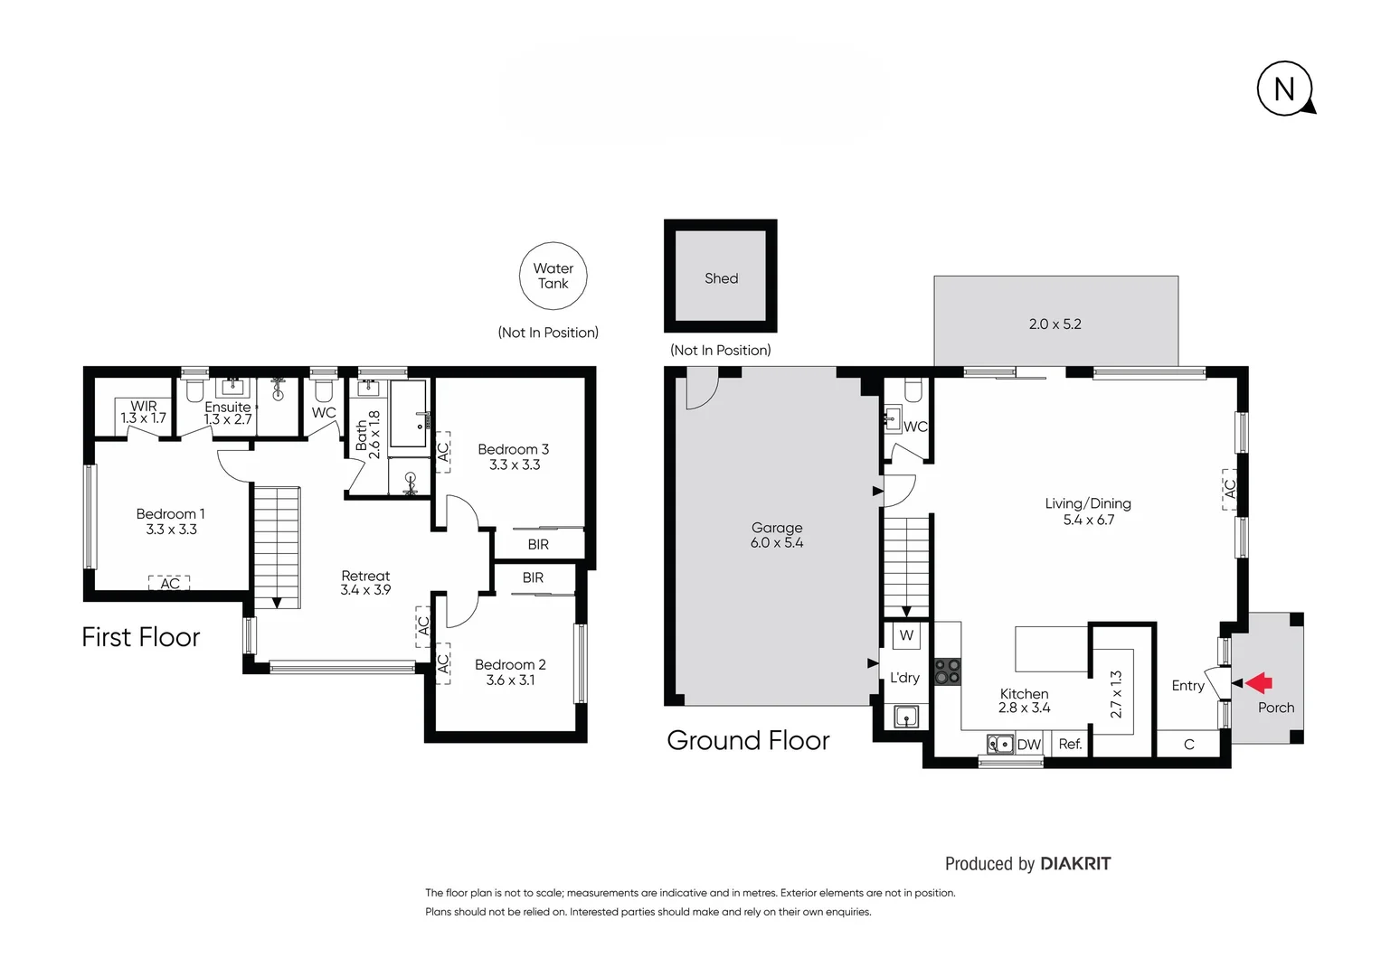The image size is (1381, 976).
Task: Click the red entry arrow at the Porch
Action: [x=1259, y=683]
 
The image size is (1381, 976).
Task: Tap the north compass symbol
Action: [x=1284, y=89]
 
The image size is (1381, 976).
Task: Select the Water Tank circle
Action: [x=553, y=276]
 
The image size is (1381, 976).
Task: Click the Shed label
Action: [x=721, y=278]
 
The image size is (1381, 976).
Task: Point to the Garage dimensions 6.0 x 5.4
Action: [x=776, y=543]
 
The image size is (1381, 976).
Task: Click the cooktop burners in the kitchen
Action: [x=948, y=671]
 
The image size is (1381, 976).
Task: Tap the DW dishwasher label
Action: [x=1028, y=745]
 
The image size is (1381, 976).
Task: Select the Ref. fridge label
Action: [x=1070, y=744]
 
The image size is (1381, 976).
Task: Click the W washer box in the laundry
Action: [x=906, y=635]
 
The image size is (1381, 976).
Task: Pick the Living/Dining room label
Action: [x=1088, y=503]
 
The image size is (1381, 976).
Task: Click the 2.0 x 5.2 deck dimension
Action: [x=1055, y=324]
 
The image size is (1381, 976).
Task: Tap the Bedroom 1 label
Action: [x=170, y=513]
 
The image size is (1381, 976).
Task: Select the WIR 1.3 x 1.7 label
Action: [x=144, y=413]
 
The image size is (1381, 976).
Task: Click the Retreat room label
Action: [x=365, y=576]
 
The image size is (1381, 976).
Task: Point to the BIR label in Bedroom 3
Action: [x=538, y=544]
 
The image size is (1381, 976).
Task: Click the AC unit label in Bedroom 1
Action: [x=169, y=584]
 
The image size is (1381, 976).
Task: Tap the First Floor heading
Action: [x=141, y=637]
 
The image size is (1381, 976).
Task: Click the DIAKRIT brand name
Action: [x=1074, y=863]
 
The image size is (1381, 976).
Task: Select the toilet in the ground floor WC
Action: [x=913, y=389]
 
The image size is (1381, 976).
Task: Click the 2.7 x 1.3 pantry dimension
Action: [x=1116, y=693]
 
